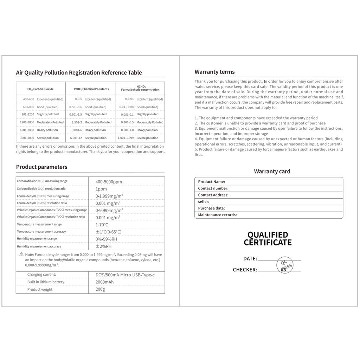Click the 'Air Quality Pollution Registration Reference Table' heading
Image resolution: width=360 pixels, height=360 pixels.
click(79, 73)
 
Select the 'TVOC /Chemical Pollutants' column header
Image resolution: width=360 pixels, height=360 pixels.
click(91, 89)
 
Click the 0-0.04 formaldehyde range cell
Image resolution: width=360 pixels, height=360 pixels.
click(129, 99)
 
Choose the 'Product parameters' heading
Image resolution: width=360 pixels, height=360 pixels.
click(41, 167)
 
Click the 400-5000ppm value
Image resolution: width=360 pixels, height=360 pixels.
click(109, 182)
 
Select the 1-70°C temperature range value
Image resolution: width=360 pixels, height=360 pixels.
click(102, 225)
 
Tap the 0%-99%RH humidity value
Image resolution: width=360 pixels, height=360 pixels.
click(106, 239)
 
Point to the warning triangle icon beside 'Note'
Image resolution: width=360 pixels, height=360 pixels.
click(21, 254)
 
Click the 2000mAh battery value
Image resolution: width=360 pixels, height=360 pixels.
click(105, 282)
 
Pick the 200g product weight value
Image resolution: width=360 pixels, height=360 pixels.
click(100, 289)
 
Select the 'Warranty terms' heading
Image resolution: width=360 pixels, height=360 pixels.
click(214, 72)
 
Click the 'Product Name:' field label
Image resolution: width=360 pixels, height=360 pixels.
click(211, 182)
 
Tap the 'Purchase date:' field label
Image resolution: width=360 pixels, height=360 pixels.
click(211, 208)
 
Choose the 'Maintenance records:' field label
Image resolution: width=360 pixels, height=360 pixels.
click(217, 215)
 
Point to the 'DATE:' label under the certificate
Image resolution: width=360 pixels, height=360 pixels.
click(250, 259)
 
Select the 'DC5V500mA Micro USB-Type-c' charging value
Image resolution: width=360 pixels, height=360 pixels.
click(125, 275)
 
